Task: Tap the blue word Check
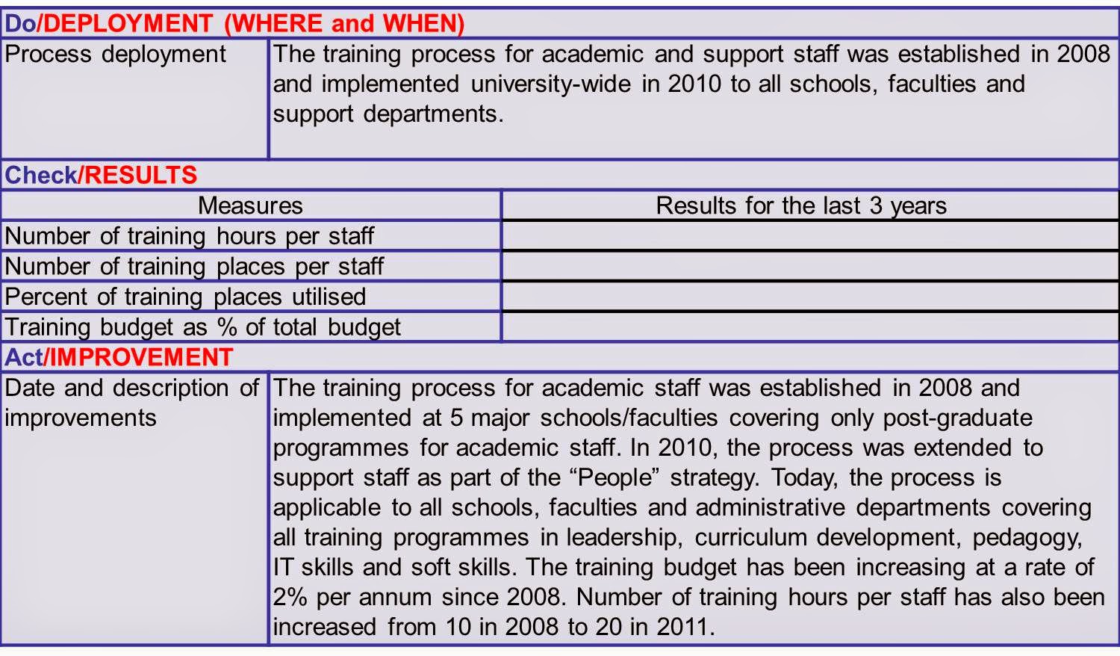[40, 175]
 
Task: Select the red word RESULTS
[140, 175]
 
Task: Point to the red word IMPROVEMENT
[141, 357]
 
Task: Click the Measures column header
[250, 205]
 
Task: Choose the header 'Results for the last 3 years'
[801, 205]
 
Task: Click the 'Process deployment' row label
[115, 55]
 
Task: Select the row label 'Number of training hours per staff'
[189, 236]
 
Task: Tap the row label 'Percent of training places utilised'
[185, 297]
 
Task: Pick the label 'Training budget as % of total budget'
[202, 327]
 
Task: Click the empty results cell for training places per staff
[810, 266]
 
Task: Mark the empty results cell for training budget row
[810, 327]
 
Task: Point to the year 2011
[679, 626]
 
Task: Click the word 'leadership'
[621, 537]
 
